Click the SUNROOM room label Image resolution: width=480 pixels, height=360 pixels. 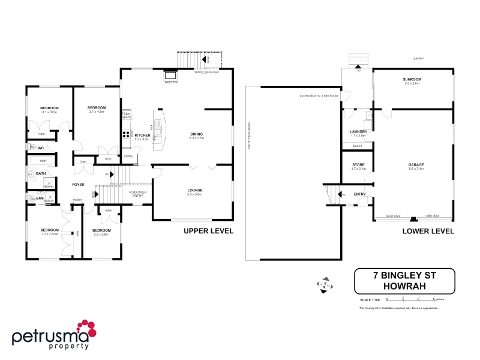tap(413, 79)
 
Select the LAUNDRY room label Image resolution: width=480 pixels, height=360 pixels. tap(358, 131)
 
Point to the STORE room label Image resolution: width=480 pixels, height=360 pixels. tap(358, 164)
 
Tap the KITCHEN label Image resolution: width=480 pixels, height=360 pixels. tap(142, 136)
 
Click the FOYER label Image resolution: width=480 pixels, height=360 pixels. tap(79, 184)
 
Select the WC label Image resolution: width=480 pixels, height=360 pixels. tap(41, 148)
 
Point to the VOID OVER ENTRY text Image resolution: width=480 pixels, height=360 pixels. tap(137, 193)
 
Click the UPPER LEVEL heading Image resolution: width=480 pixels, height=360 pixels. tap(208, 230)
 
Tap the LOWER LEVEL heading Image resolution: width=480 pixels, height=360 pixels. tap(428, 231)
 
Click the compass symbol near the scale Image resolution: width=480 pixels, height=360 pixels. tap(324, 284)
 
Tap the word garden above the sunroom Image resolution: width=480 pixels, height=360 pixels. tap(418, 58)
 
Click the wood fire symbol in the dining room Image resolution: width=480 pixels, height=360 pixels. tap(170, 76)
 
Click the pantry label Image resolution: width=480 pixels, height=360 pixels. tap(128, 157)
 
